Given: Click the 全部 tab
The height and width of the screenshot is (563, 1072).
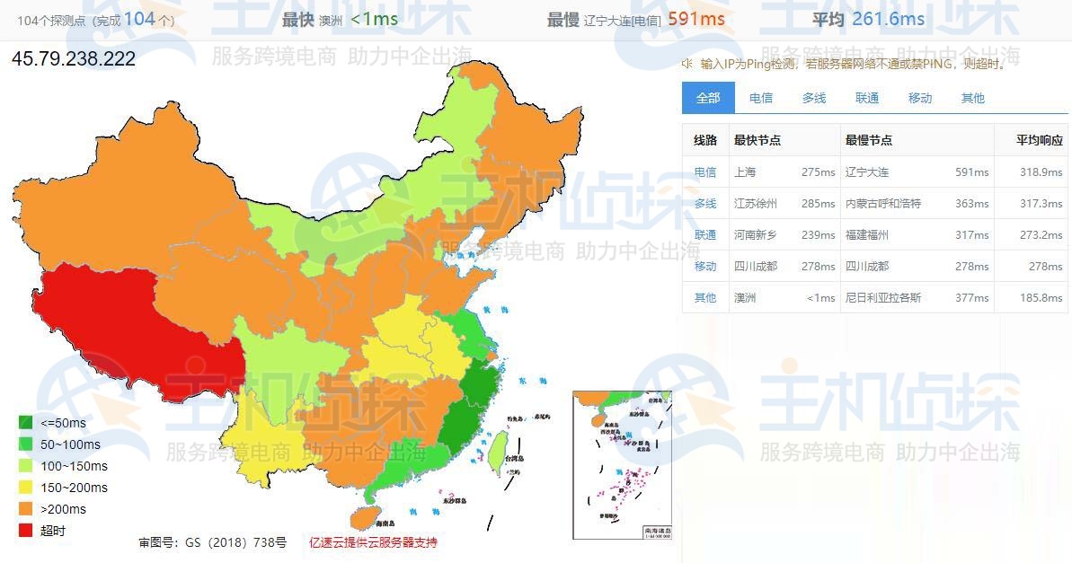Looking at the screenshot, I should tap(708, 98).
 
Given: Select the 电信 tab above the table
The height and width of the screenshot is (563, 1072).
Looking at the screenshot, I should tap(761, 98).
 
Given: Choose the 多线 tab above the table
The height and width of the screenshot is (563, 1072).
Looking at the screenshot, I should tap(814, 98).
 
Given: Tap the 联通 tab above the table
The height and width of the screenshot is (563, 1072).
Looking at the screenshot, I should tap(867, 98).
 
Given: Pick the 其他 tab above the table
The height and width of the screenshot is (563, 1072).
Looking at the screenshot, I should tap(973, 98).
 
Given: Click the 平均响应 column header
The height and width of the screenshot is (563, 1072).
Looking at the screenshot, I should tap(1040, 140).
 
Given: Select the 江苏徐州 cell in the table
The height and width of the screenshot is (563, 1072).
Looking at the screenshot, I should tap(756, 203).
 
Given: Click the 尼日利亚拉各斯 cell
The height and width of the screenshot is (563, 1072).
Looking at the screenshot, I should tap(883, 297).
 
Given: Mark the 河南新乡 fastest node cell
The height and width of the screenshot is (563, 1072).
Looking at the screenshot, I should tap(756, 234).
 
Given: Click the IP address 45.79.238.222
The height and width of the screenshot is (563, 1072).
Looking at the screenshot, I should tap(74, 59).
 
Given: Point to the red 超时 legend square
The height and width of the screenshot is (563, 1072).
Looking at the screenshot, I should tap(27, 531).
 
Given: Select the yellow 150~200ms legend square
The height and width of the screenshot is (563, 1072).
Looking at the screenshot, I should tap(27, 488).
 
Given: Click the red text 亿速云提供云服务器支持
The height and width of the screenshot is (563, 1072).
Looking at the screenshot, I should tap(373, 542).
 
